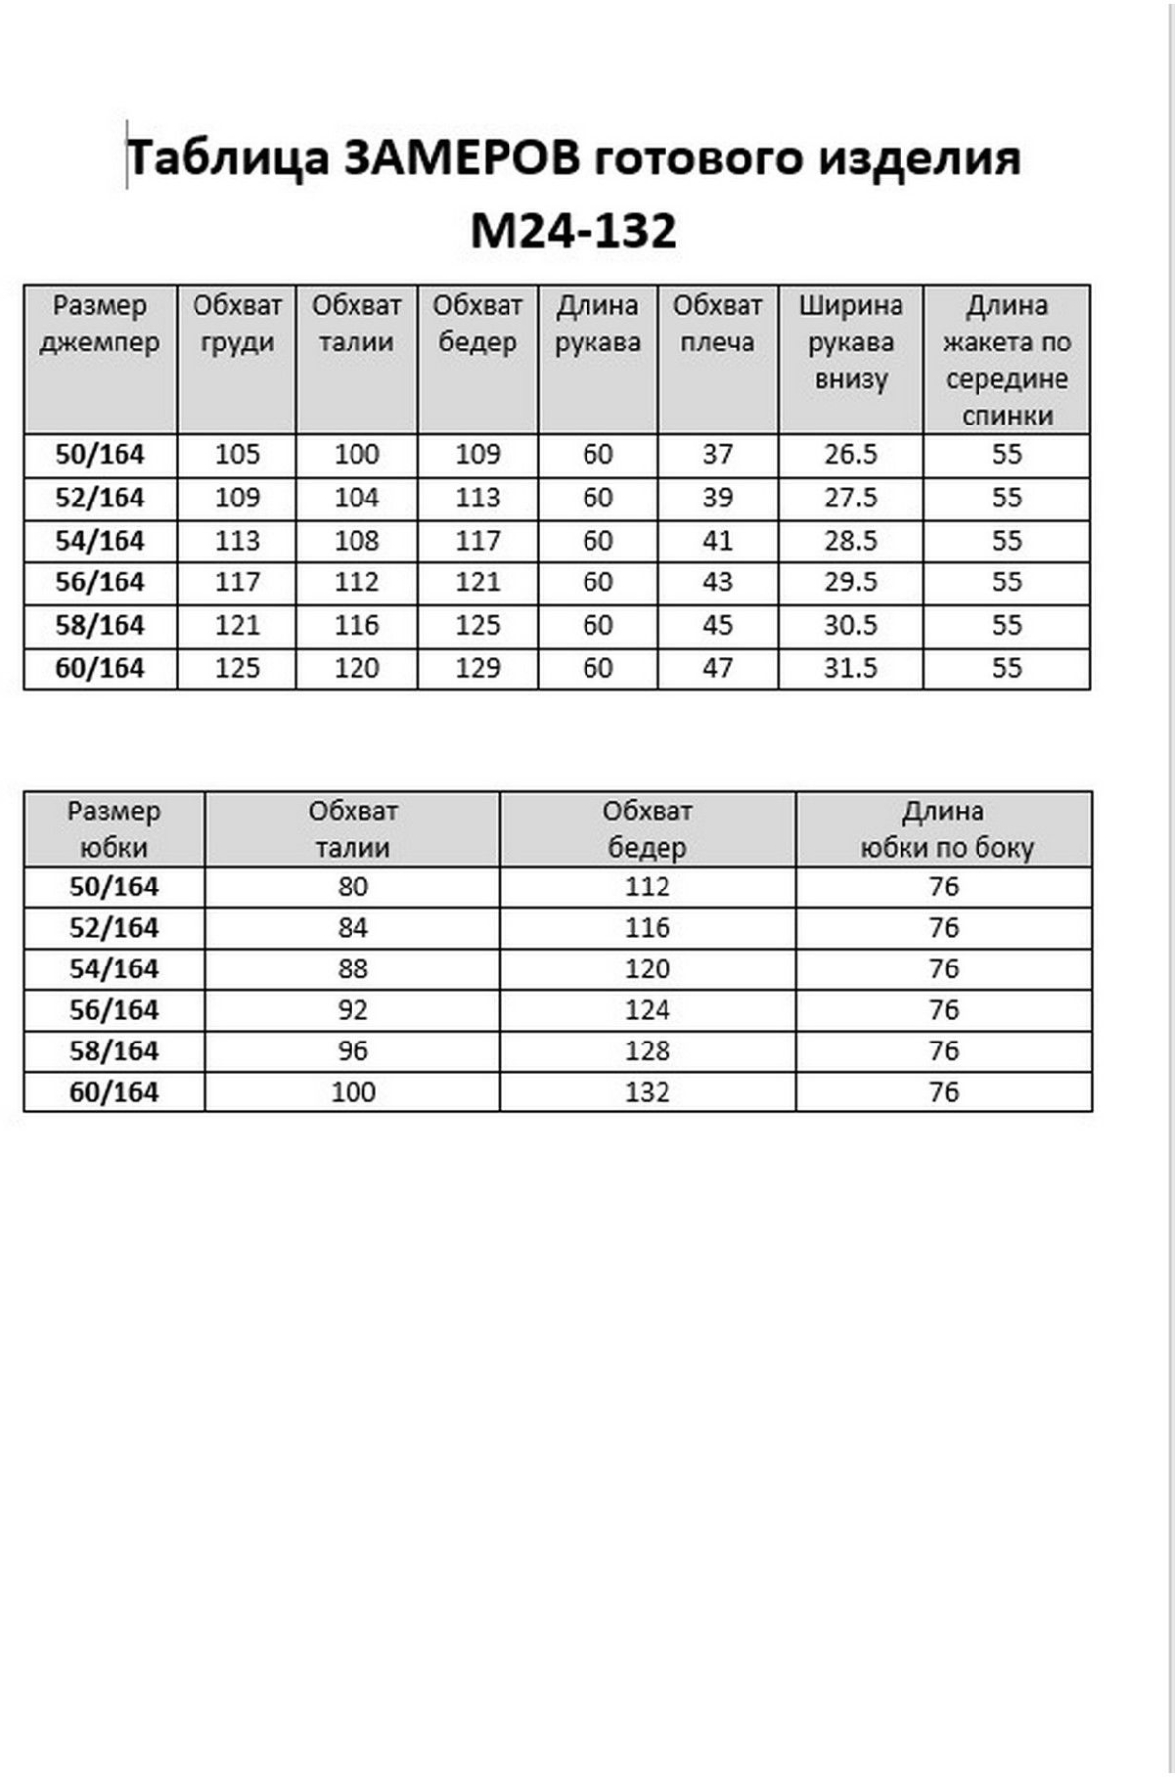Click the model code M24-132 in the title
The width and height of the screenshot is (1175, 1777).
[574, 230]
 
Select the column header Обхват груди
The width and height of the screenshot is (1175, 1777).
[237, 324]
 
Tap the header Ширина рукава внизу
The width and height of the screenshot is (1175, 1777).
[850, 342]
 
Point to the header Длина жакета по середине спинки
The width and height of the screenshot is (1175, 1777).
[1006, 359]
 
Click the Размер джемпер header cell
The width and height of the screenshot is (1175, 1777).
[100, 324]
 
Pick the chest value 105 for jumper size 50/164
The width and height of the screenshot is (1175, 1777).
[237, 454]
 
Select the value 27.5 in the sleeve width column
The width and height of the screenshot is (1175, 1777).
[850, 498]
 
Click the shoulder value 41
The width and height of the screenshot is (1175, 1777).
[717, 541]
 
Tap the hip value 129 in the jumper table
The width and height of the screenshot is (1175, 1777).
[478, 668]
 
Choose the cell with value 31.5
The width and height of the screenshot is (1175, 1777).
[850, 668]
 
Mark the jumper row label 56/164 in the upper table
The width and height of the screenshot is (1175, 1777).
[100, 582]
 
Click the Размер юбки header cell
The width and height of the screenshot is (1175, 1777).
[114, 829]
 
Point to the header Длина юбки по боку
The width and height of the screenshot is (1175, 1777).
[944, 829]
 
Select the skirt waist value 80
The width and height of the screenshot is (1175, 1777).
[352, 887]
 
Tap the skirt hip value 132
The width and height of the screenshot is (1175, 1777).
[647, 1092]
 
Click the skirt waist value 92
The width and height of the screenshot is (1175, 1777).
[352, 1010]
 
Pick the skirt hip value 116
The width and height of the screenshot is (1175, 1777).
[647, 928]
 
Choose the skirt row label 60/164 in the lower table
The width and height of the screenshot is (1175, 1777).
[114, 1092]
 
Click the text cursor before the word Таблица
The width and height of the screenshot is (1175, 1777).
[127, 155]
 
